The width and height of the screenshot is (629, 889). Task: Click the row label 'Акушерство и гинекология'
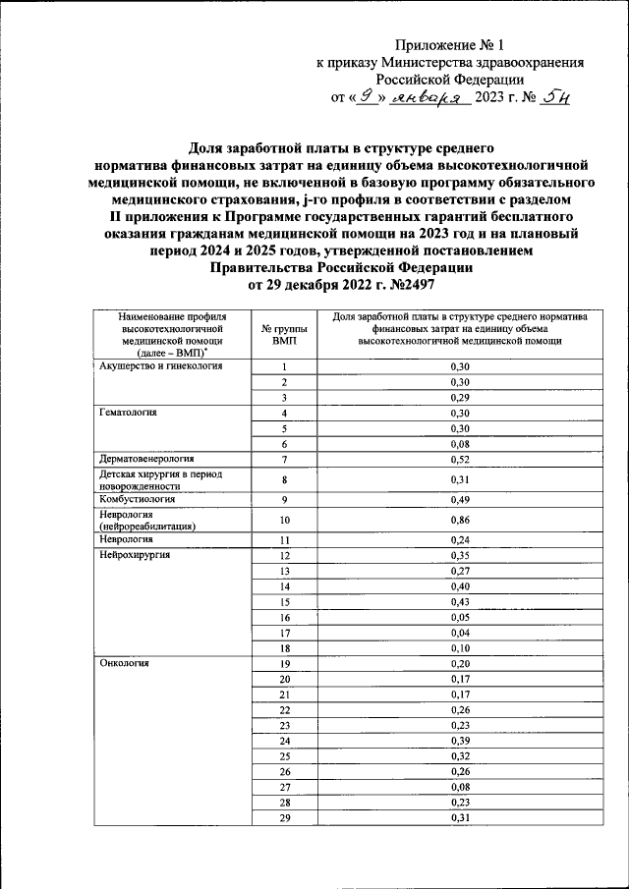[161, 365]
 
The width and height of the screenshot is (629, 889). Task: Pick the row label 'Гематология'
[129, 413]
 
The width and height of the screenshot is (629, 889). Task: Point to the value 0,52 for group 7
[460, 459]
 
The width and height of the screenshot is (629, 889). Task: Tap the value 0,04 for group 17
[460, 633]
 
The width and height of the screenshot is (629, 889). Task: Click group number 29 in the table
[284, 818]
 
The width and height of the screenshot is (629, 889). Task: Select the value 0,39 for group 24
[460, 740]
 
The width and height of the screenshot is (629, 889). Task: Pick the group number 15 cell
[284, 601]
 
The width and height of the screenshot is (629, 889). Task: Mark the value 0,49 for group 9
[460, 499]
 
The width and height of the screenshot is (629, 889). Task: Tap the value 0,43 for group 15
[460, 601]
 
